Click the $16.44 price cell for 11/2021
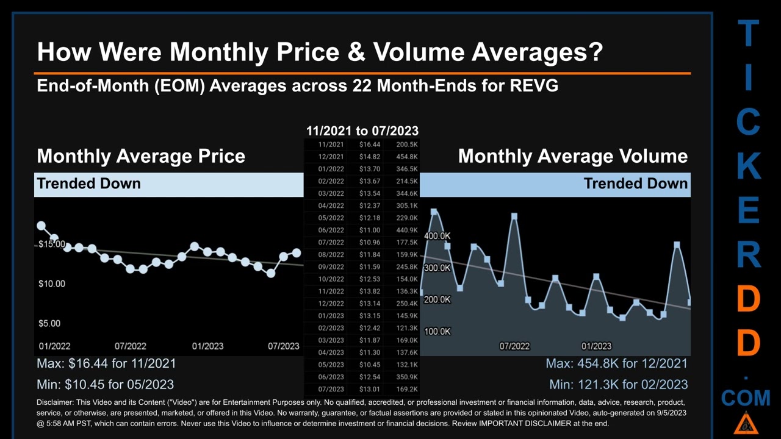(x=369, y=145)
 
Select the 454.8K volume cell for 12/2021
(x=406, y=157)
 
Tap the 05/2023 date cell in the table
(x=331, y=365)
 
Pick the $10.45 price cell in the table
(x=369, y=365)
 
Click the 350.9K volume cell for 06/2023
(x=406, y=377)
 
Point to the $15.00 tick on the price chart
(x=52, y=244)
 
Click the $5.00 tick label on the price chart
(x=49, y=323)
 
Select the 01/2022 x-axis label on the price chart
(x=54, y=346)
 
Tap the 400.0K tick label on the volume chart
(x=437, y=236)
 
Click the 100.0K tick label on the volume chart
(x=437, y=331)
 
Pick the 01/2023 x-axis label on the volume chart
(x=596, y=346)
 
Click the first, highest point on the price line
(x=41, y=226)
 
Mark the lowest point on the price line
(x=271, y=274)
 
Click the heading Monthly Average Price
(x=141, y=156)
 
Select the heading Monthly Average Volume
(x=572, y=156)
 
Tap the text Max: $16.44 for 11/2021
(x=106, y=363)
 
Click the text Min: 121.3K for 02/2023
(x=618, y=384)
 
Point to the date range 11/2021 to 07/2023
(x=362, y=130)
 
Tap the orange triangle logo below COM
(x=745, y=423)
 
